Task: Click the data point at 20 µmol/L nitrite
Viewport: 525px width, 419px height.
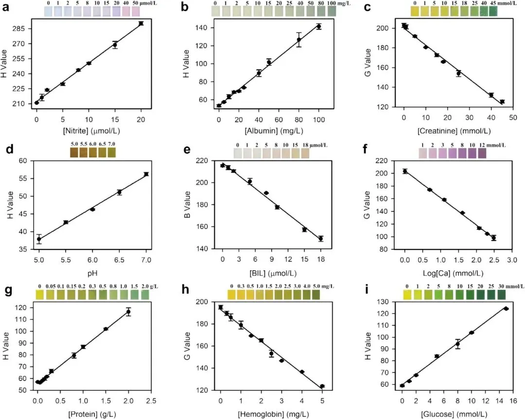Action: pos(141,23)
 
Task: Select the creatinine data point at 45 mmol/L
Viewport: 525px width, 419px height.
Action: pos(502,102)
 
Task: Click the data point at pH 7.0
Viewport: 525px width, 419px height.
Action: pos(146,174)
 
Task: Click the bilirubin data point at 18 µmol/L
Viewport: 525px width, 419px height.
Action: pos(321,239)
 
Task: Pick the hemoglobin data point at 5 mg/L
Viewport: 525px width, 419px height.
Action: pos(322,386)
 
